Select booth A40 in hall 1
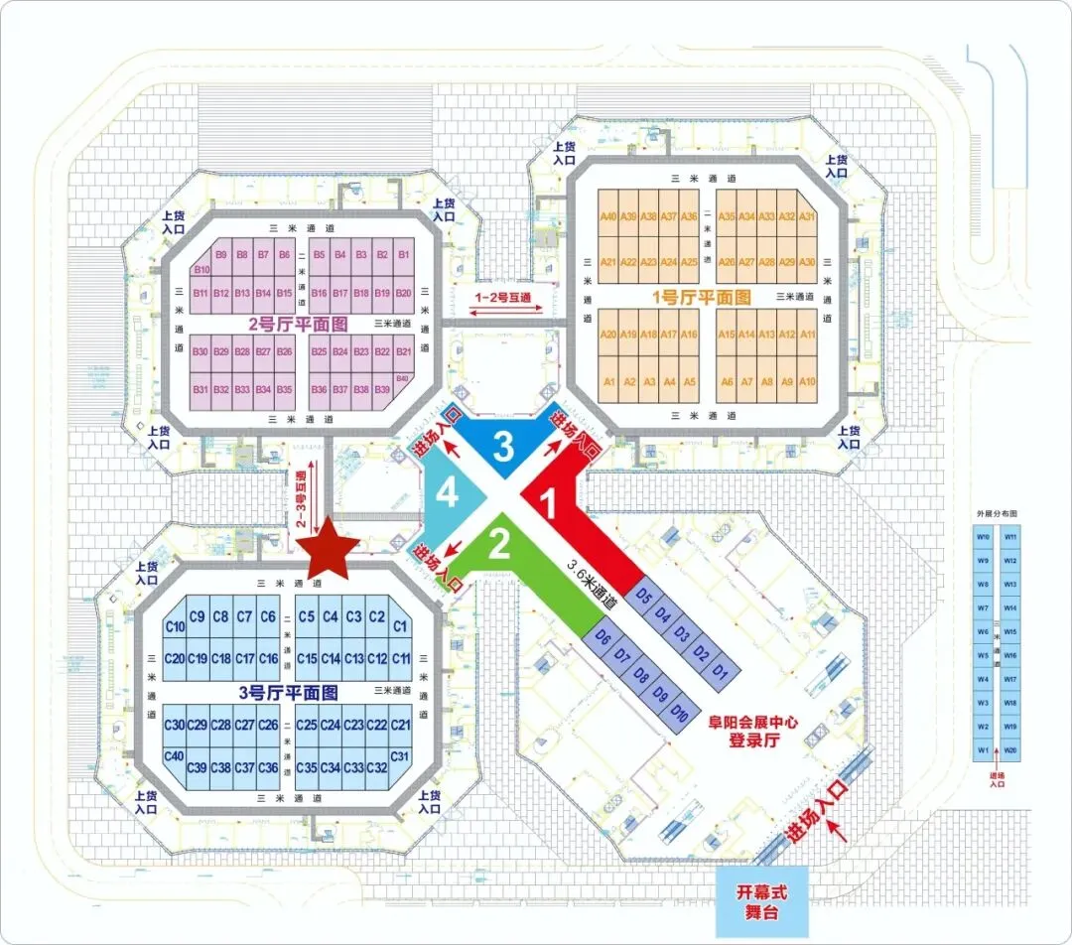click(x=608, y=216)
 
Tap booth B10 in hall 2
click(x=201, y=269)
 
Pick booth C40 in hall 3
click(x=175, y=756)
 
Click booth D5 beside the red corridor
click(x=643, y=597)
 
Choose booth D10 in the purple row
click(x=680, y=712)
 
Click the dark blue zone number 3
click(x=503, y=448)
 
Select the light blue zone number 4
click(x=449, y=493)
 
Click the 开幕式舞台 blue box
click(x=764, y=902)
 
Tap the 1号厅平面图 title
click(x=703, y=297)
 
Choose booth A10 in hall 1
click(x=807, y=382)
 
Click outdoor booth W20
click(x=1010, y=749)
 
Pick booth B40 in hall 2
click(x=402, y=378)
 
